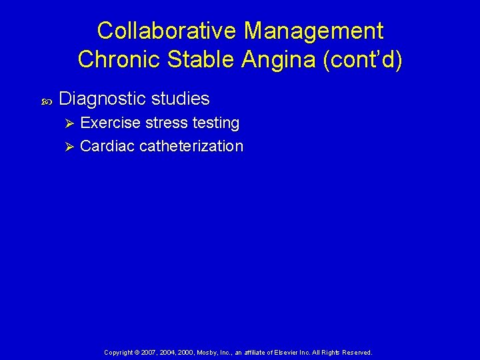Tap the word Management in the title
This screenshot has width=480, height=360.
click(313, 31)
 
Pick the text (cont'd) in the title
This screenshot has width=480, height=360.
click(363, 59)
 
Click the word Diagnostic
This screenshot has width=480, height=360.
click(102, 99)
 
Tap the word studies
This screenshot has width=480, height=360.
click(181, 99)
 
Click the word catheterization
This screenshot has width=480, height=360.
click(191, 146)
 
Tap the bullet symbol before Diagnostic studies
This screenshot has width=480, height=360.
click(46, 101)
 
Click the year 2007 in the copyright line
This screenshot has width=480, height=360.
click(149, 352)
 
